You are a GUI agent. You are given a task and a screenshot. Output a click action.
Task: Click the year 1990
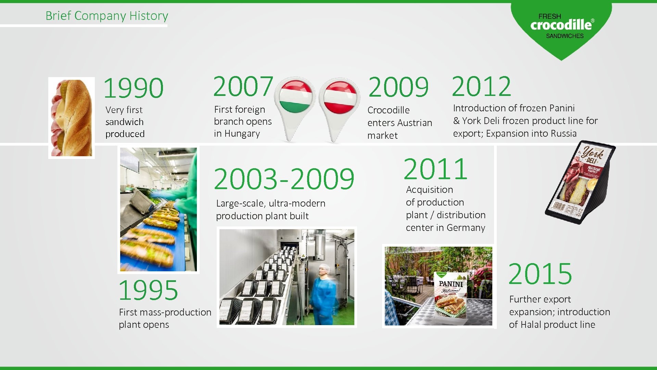click(134, 88)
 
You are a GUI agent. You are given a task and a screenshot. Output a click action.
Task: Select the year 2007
click(243, 86)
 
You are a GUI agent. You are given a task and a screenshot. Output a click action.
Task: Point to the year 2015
click(540, 274)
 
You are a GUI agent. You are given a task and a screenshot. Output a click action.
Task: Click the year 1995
click(148, 290)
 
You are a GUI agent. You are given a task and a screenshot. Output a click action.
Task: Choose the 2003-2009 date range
click(284, 179)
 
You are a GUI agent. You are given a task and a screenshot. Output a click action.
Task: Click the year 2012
click(481, 86)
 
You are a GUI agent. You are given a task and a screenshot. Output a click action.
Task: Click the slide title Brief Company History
click(107, 16)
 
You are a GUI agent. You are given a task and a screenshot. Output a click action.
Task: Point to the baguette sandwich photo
click(72, 118)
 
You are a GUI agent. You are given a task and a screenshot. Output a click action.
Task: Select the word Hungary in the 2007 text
click(242, 134)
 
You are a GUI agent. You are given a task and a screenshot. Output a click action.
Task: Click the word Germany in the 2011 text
click(466, 228)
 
